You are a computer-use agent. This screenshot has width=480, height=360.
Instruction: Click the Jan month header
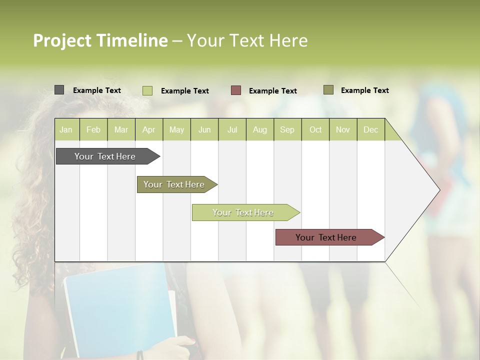[66, 129]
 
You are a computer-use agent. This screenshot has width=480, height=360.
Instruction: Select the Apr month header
[149, 129]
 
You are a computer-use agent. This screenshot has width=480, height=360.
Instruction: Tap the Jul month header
[232, 129]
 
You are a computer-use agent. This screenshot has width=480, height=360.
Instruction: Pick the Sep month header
[287, 129]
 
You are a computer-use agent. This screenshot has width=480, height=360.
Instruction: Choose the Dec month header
[371, 129]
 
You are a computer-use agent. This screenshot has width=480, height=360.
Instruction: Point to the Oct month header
[315, 129]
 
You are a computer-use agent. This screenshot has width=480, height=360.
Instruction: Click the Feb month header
[93, 129]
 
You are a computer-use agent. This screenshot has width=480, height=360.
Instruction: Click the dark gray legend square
[59, 90]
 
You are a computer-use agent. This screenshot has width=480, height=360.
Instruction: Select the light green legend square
[147, 90]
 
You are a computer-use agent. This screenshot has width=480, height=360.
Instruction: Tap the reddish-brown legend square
[236, 90]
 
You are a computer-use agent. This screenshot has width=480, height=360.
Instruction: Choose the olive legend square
[328, 90]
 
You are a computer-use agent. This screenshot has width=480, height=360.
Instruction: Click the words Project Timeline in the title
[100, 40]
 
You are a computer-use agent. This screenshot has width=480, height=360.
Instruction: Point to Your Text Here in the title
[247, 40]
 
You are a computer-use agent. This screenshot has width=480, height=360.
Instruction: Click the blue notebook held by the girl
[120, 310]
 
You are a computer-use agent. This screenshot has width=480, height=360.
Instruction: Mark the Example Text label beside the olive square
[364, 90]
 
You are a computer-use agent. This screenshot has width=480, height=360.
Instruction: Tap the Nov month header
[343, 129]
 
